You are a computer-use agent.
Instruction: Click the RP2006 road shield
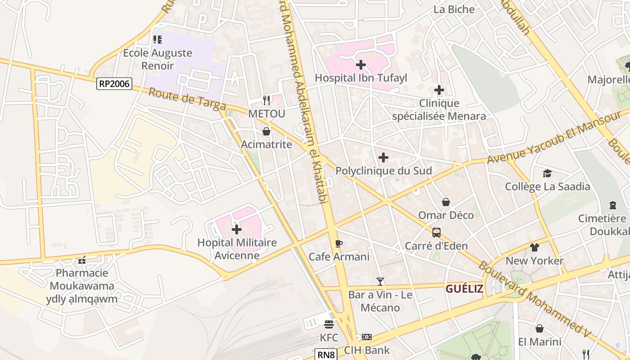114,83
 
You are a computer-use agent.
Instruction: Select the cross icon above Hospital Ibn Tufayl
360,65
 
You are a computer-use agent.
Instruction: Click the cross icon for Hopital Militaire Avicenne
236,230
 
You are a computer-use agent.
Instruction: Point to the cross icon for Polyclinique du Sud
383,158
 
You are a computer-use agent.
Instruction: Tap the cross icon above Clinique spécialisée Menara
439,90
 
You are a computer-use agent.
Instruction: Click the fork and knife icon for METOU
266,100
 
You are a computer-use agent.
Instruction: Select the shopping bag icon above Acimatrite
266,131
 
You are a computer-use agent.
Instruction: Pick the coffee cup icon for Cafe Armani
339,244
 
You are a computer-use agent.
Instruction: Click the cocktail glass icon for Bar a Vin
380,282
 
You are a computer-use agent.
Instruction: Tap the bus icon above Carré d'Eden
436,233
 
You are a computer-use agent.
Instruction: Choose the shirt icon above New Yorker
534,247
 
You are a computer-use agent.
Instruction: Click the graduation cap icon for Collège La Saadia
547,173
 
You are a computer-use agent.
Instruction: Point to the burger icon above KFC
328,324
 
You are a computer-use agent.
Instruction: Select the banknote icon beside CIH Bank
367,337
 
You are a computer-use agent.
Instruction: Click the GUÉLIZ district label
464,289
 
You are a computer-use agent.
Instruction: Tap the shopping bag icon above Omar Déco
445,202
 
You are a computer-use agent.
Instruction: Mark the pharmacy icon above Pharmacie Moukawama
82,260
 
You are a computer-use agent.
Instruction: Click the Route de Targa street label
187,99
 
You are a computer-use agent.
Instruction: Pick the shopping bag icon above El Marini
539,328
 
